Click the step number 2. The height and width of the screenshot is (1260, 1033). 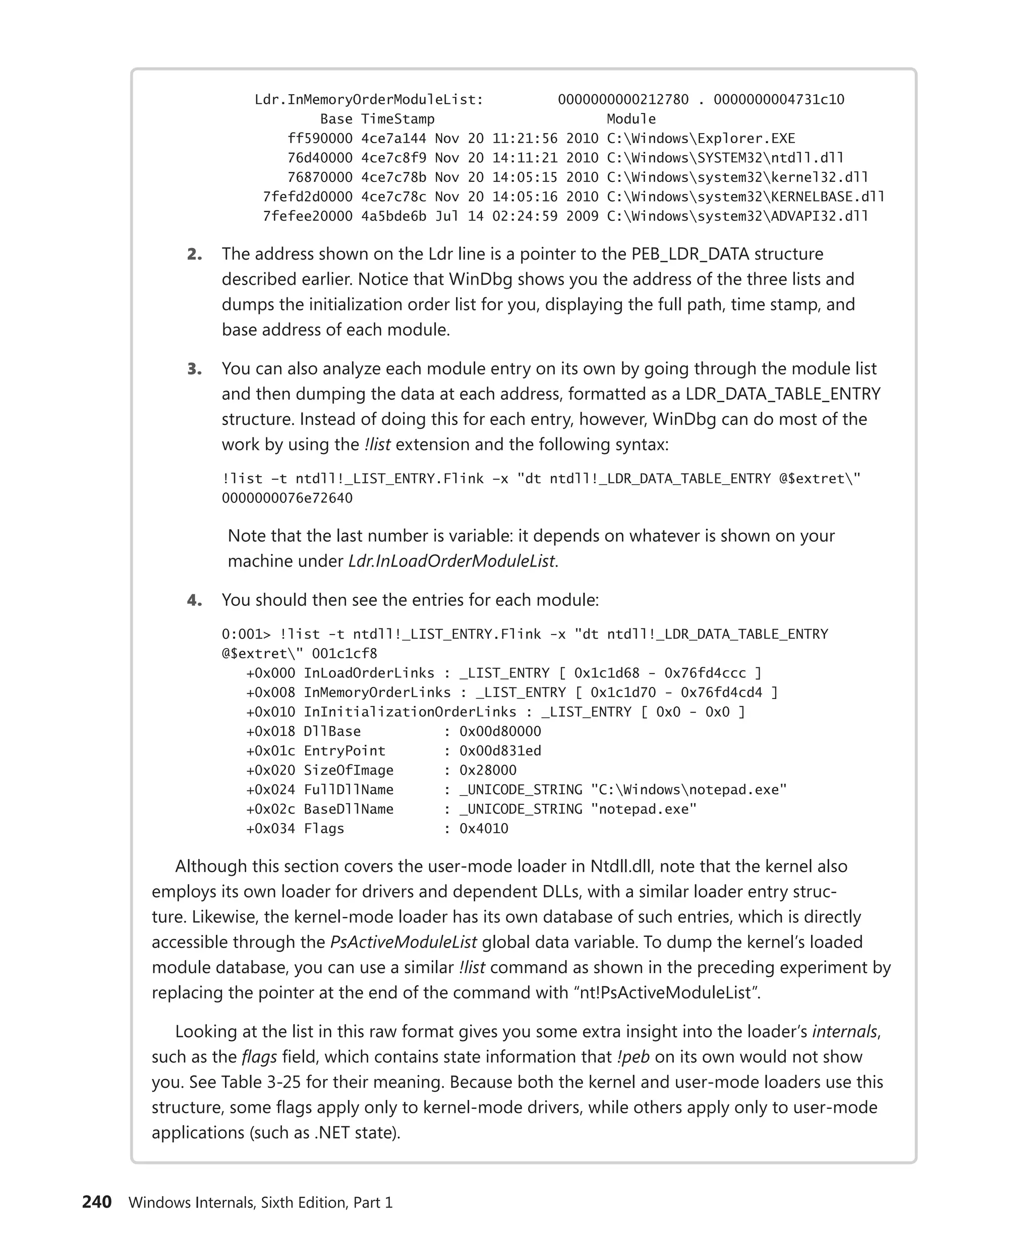194,255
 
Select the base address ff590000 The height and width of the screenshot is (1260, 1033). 320,139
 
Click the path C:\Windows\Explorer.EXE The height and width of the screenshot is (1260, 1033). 701,139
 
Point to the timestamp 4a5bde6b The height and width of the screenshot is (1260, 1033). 393,216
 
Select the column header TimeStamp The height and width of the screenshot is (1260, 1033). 397,119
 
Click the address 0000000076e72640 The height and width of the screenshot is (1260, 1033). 287,498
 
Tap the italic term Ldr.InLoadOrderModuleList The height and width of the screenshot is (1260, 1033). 451,561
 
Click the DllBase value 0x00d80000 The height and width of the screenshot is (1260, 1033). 500,731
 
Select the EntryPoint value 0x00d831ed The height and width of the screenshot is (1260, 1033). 500,751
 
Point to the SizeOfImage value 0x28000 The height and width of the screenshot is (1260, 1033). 487,771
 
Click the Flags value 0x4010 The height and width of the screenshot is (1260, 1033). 483,829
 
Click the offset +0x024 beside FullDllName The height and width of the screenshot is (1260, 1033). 270,790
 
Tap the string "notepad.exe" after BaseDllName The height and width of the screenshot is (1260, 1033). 643,809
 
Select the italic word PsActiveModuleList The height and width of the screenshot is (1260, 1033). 403,942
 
